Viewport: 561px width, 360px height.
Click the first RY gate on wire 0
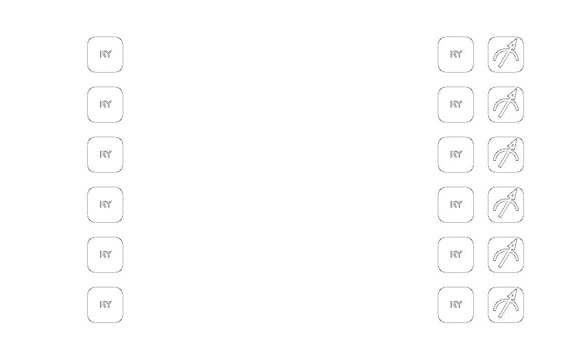(x=105, y=55)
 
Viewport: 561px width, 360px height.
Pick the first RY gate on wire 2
(x=105, y=155)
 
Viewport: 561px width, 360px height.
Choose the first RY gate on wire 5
(x=105, y=305)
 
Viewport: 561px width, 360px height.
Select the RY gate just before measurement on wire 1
(x=456, y=105)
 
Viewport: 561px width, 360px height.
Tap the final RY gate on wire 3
(x=456, y=205)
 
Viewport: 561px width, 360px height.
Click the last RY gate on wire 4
(x=456, y=255)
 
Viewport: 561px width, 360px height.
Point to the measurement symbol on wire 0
(x=506, y=55)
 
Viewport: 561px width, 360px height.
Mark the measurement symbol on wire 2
(x=506, y=155)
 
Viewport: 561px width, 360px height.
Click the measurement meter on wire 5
(x=506, y=305)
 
